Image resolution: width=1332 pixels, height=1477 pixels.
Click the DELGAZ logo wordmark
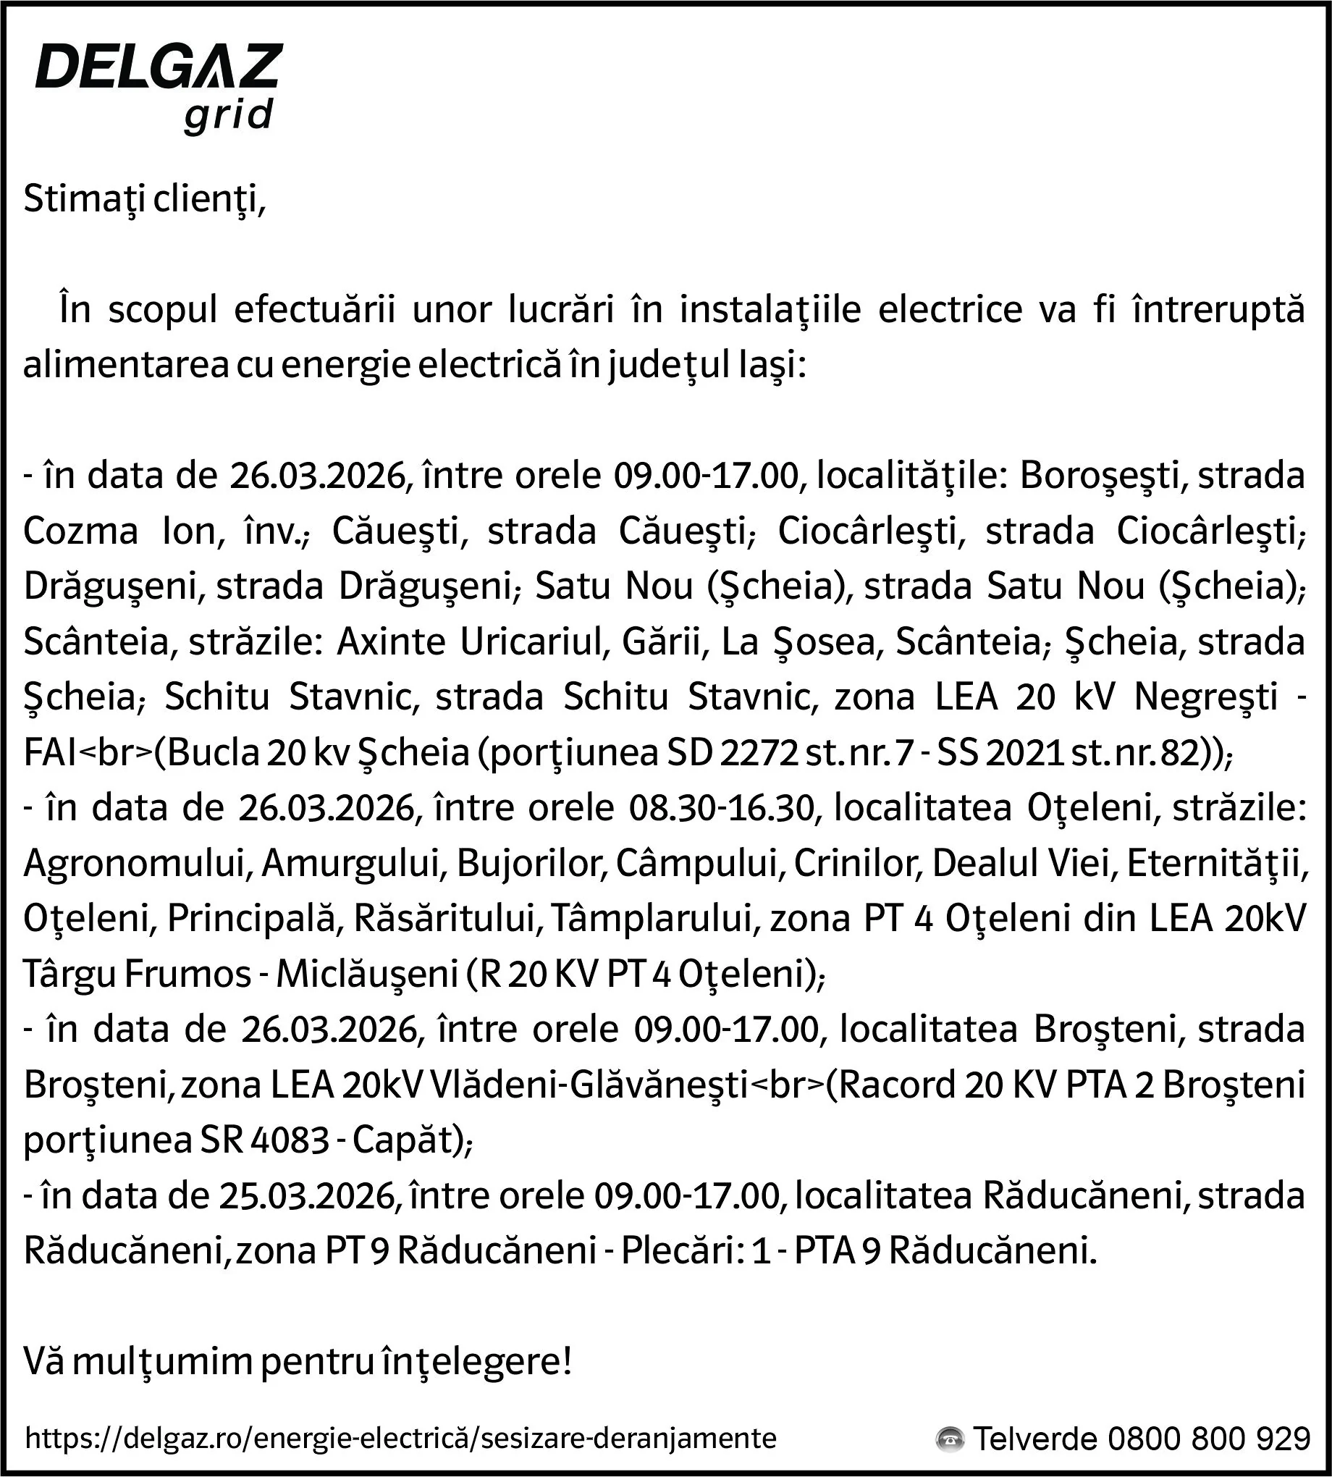(159, 67)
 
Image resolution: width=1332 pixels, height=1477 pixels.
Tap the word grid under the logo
(227, 116)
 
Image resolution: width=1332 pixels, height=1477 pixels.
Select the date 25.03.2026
(308, 1196)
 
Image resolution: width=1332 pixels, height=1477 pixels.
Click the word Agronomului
(138, 864)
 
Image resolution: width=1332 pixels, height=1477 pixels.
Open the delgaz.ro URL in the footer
(400, 1439)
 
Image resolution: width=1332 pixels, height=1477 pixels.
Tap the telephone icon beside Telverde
(950, 1439)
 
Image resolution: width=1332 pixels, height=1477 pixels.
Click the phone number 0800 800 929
(1207, 1439)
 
